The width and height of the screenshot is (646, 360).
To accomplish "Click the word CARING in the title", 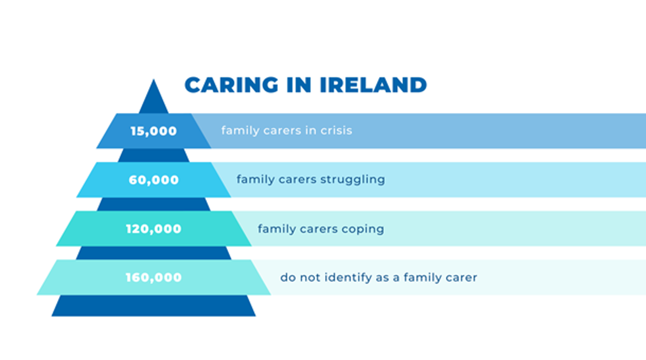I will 231,85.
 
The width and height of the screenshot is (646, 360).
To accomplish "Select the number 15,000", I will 153,131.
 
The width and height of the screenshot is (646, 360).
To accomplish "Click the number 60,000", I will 153,180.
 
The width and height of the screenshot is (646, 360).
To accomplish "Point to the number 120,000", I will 153,229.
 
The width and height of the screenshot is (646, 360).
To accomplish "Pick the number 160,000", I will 153,277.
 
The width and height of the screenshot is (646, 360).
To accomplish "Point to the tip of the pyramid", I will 153,83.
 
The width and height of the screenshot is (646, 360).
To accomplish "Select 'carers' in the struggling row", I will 298,180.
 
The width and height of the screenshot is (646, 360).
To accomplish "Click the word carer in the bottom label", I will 464,278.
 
